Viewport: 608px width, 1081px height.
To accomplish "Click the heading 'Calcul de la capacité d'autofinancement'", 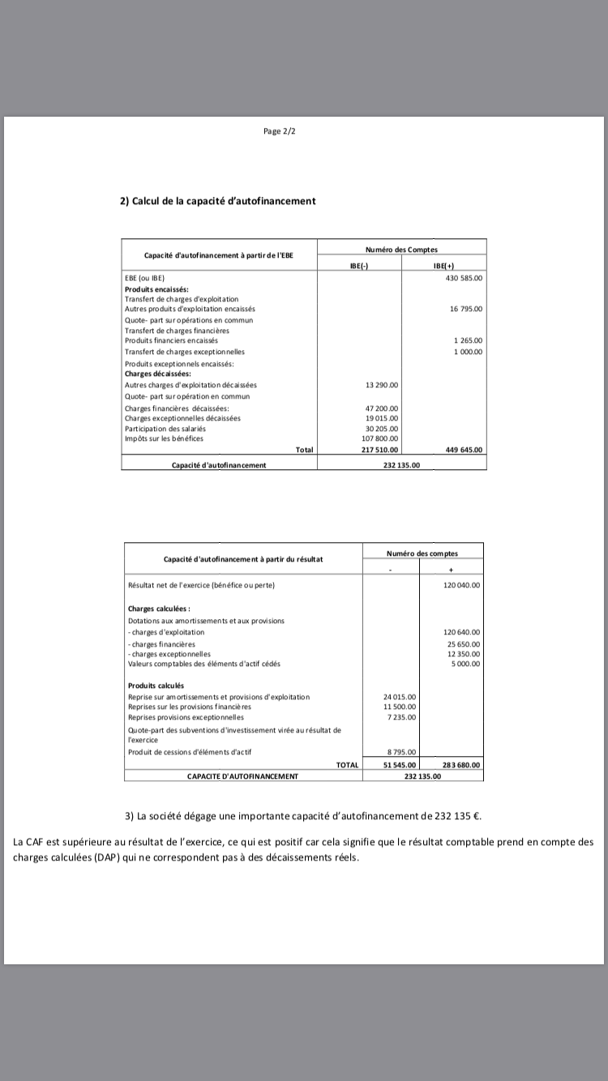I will pyautogui.click(x=218, y=201).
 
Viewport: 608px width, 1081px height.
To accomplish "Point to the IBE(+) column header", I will pyautogui.click(x=443, y=265).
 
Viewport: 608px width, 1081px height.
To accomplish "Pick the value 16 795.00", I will pyautogui.click(x=466, y=309).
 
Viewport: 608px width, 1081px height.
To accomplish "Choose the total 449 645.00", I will pyautogui.click(x=464, y=450).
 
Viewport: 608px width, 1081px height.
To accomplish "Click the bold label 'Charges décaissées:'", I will pyautogui.click(x=157, y=374).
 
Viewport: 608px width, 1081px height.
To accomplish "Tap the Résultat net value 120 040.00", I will pyautogui.click(x=462, y=584).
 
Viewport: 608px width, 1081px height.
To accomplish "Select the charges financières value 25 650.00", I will pyautogui.click(x=464, y=643).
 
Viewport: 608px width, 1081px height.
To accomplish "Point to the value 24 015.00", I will pyautogui.click(x=399, y=697).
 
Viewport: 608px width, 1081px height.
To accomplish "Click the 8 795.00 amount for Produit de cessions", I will pyautogui.click(x=401, y=752).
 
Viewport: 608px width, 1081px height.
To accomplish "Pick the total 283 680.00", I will pyautogui.click(x=461, y=764).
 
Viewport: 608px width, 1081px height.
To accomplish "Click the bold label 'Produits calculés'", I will pyautogui.click(x=156, y=686).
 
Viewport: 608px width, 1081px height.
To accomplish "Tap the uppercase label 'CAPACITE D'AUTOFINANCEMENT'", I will pyautogui.click(x=242, y=775).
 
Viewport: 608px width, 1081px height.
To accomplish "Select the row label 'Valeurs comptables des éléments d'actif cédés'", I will pyautogui.click(x=204, y=664).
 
